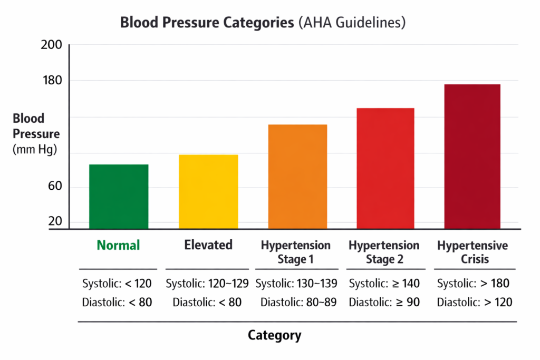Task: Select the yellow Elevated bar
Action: click(x=208, y=192)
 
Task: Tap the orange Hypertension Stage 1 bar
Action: click(x=297, y=177)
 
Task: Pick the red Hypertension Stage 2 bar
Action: click(x=385, y=169)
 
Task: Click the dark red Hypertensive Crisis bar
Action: click(x=472, y=157)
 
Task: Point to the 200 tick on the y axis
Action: click(x=51, y=45)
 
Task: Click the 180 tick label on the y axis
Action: click(x=51, y=81)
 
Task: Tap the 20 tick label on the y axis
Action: click(x=55, y=221)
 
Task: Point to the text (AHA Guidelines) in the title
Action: click(x=352, y=23)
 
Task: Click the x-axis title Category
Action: click(x=274, y=335)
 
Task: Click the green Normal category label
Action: click(x=119, y=245)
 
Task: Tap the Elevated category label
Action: click(x=208, y=245)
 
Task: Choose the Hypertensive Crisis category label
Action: click(x=472, y=252)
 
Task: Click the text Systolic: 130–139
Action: click(x=297, y=284)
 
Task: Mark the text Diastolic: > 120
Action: click(x=474, y=303)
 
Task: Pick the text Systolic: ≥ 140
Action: click(x=384, y=284)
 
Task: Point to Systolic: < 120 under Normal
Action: click(x=117, y=284)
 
